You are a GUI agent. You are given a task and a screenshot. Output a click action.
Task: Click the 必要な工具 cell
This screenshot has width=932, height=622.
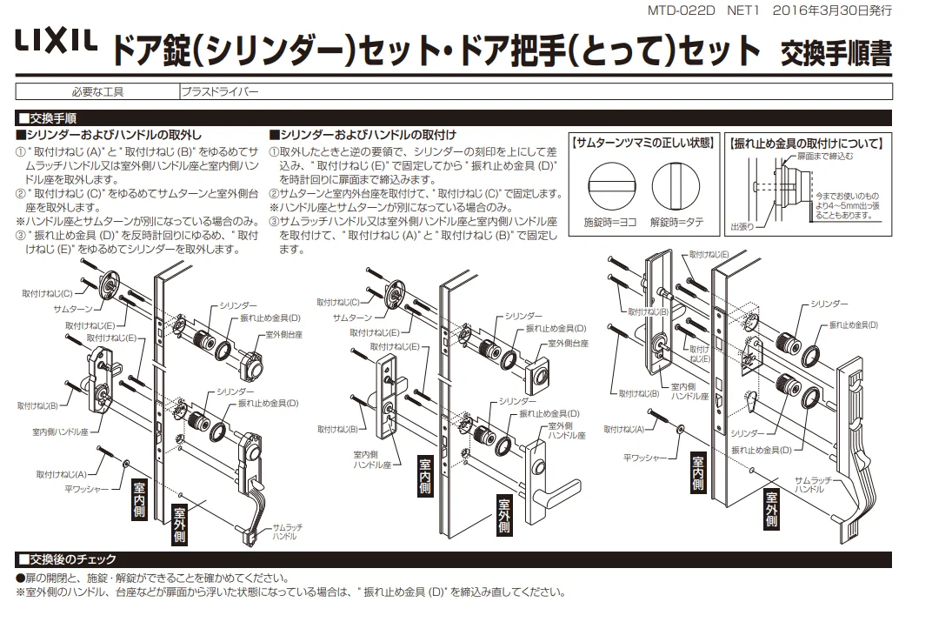[x=96, y=90]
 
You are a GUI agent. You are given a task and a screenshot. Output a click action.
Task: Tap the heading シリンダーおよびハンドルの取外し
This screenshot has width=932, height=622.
[x=110, y=135]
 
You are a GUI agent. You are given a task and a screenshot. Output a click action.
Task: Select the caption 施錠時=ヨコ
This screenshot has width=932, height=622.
[x=609, y=223]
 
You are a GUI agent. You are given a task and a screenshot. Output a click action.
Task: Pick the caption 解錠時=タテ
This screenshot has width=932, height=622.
[x=676, y=223]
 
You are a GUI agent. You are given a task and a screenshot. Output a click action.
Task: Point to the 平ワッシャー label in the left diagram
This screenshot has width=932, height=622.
[x=85, y=489]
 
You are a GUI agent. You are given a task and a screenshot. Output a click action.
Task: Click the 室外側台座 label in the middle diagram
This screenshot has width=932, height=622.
[x=570, y=344]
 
